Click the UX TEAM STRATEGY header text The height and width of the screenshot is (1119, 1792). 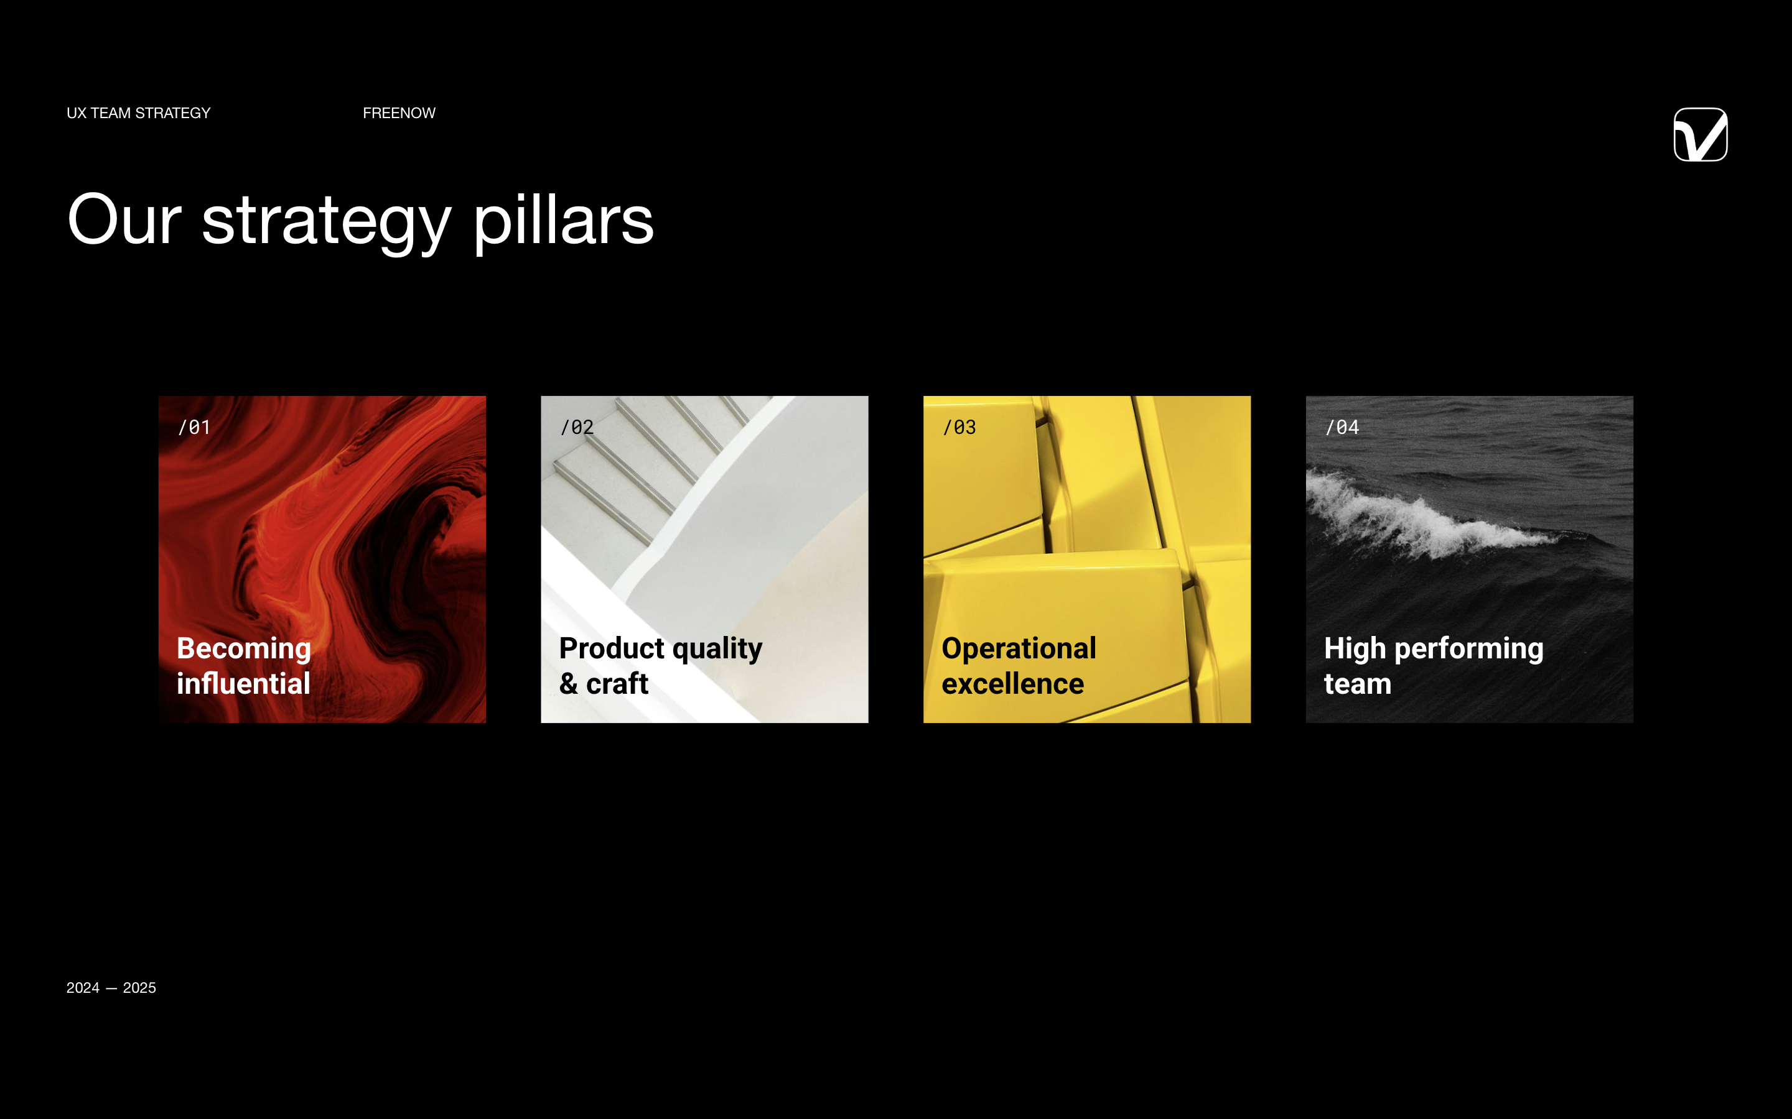139,113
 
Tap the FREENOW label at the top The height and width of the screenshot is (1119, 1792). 399,113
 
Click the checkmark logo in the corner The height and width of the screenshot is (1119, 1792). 1700,135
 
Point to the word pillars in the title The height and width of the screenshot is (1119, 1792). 564,222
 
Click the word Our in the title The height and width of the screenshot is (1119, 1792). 124,220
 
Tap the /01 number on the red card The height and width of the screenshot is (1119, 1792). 194,427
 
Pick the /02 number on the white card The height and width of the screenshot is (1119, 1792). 577,427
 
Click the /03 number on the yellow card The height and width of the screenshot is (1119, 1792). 959,427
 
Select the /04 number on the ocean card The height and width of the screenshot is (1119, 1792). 1342,427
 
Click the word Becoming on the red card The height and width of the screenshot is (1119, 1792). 244,649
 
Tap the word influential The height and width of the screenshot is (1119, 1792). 244,684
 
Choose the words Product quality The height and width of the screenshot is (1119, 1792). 661,649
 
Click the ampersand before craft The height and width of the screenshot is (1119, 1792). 569,684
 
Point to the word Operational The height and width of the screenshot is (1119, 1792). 1019,649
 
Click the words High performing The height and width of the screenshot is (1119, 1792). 1434,649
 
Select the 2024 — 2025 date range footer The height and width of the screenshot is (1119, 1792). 111,988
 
